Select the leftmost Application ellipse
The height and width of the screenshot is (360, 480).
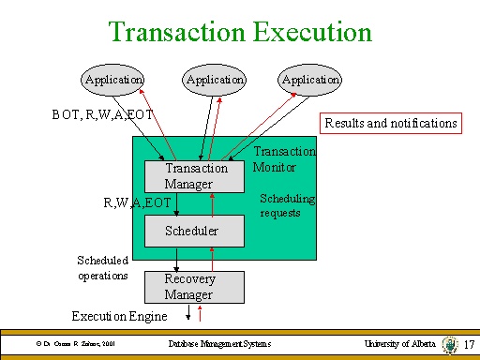point(113,81)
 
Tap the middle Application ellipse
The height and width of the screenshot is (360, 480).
point(215,81)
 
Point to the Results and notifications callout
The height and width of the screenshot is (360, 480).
point(391,123)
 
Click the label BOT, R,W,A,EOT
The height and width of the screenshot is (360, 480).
point(102,116)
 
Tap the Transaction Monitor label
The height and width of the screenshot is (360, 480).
point(284,159)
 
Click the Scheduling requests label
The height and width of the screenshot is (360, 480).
point(287,205)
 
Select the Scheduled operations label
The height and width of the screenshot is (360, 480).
point(102,267)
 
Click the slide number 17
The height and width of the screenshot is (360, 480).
point(471,345)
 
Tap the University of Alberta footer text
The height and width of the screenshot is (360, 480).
point(399,345)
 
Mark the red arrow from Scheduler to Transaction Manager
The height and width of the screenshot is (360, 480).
point(214,202)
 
